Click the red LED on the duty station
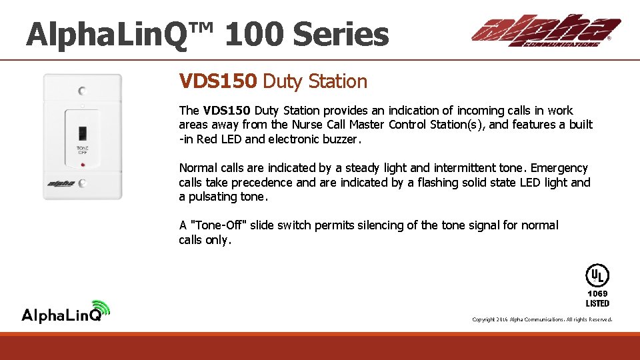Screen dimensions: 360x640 (83, 163)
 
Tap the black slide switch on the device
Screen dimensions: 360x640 (83, 132)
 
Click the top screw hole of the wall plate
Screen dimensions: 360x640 (82, 91)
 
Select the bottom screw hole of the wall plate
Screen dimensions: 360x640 (82, 183)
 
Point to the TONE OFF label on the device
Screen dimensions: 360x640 (83, 150)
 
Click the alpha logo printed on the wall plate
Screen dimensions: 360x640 (61, 183)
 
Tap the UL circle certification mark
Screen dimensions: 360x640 (597, 275)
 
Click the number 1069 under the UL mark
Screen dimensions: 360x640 (597, 293)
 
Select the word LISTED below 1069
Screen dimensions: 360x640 (597, 303)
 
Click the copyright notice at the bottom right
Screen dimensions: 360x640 (541, 320)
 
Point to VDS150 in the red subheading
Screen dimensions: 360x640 (217, 81)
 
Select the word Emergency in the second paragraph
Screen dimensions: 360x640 (559, 168)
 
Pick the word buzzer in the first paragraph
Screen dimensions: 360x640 (340, 139)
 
